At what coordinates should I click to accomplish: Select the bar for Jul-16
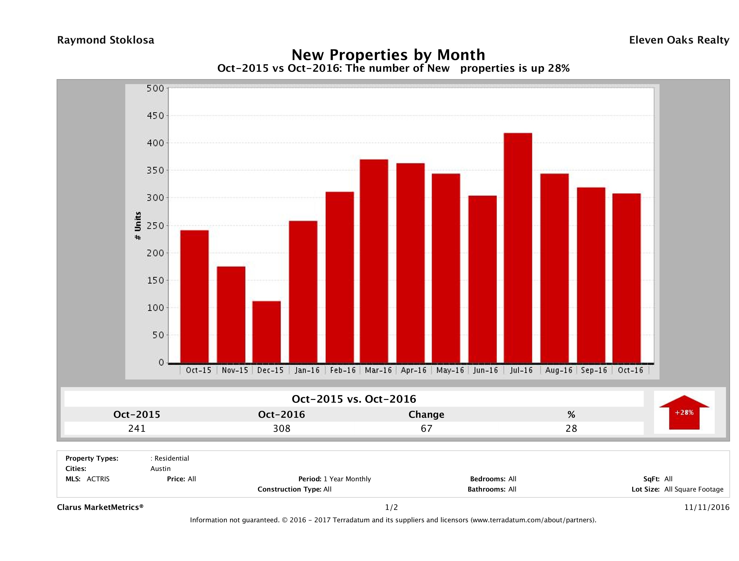click(518, 248)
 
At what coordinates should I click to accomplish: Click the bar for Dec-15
click(266, 332)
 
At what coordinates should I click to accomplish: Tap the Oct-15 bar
click(194, 297)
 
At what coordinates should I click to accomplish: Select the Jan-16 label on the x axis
click(307, 370)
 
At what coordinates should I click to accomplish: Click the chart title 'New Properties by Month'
click(388, 55)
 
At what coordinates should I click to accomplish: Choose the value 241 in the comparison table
click(137, 428)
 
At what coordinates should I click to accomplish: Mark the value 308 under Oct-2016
click(282, 428)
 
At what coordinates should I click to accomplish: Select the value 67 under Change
click(426, 428)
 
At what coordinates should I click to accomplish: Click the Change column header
click(426, 415)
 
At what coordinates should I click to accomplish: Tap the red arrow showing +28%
click(684, 412)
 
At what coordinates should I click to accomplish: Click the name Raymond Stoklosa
click(106, 40)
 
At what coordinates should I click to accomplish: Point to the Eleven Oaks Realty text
click(679, 40)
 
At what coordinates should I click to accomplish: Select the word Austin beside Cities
click(160, 469)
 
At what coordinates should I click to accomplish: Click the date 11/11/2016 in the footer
click(706, 507)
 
